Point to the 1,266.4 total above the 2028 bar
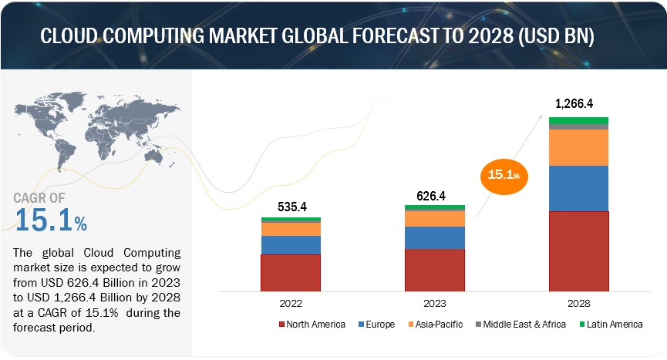(x=578, y=103)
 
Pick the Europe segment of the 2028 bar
(x=578, y=188)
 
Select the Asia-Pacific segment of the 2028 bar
(x=578, y=147)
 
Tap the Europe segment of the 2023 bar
(x=435, y=237)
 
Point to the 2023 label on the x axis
(x=435, y=304)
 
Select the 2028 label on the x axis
(x=578, y=304)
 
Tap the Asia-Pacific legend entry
(x=437, y=325)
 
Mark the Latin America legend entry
(x=610, y=325)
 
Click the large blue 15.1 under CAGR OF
(x=43, y=221)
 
